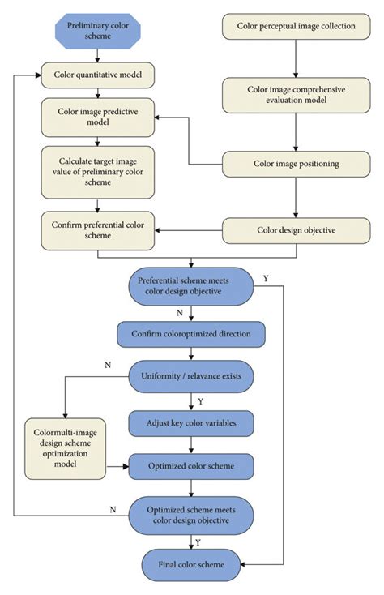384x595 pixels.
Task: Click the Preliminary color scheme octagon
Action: pyautogui.click(x=98, y=31)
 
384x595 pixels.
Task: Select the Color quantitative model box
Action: pyautogui.click(x=98, y=75)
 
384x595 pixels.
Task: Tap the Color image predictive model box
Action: pyautogui.click(x=98, y=117)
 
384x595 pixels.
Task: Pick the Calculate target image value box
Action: pyautogui.click(x=98, y=172)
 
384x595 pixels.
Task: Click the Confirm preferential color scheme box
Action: pyautogui.click(x=98, y=230)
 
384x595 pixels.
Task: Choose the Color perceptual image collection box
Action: pyautogui.click(x=296, y=26)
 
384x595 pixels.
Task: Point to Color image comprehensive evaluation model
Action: pyautogui.click(x=296, y=95)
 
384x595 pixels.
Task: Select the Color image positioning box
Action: pyautogui.click(x=296, y=164)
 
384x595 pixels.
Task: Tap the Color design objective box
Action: pyautogui.click(x=296, y=230)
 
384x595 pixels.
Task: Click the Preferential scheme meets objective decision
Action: pyautogui.click(x=191, y=286)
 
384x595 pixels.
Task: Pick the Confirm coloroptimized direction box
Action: pyautogui.click(x=191, y=334)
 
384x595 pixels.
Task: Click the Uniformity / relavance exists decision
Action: pyautogui.click(x=191, y=376)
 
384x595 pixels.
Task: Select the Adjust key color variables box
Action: pyautogui.click(x=191, y=423)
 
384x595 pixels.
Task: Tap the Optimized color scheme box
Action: pyautogui.click(x=191, y=466)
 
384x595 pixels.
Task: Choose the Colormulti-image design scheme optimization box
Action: pyautogui.click(x=65, y=448)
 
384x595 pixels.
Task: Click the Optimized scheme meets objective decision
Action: pyautogui.click(x=191, y=516)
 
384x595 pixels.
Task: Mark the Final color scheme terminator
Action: pyautogui.click(x=191, y=565)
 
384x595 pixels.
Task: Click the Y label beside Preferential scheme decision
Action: pyautogui.click(x=266, y=279)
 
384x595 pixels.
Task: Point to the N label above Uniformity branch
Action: pyautogui.click(x=108, y=365)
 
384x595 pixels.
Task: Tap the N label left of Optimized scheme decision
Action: pyautogui.click(x=113, y=510)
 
